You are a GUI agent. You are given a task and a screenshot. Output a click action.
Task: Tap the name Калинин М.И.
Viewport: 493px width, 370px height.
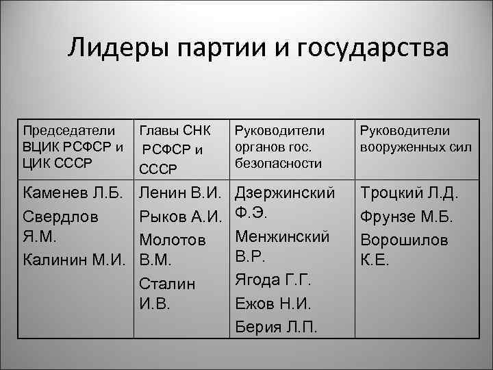(75, 260)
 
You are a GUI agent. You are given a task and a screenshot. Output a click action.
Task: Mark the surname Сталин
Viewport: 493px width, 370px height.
(167, 283)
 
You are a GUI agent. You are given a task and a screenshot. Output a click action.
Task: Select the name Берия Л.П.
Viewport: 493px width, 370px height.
(276, 325)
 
